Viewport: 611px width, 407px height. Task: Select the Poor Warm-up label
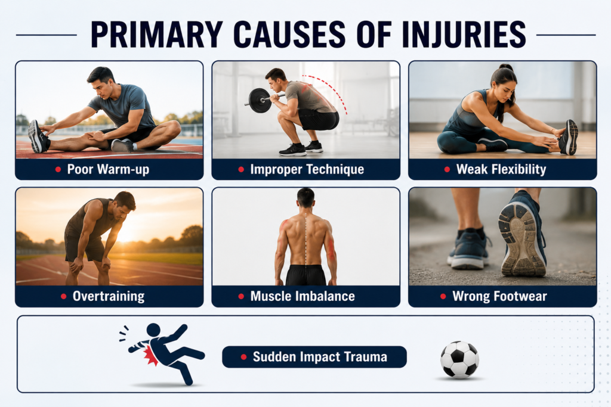(108, 169)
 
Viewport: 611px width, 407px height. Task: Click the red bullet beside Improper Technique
(241, 169)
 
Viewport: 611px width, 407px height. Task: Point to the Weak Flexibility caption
(501, 169)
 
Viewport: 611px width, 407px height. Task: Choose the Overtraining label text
(109, 297)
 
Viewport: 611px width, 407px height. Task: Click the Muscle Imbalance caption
(303, 297)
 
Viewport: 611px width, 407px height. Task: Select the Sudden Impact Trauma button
(314, 357)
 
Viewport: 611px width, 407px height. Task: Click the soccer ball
(460, 359)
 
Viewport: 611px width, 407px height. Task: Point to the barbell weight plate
(260, 100)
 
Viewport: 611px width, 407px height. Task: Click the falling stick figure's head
(153, 330)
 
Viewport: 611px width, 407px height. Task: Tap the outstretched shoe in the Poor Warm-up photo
(38, 136)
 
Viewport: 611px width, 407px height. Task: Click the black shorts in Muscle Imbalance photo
(306, 275)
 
